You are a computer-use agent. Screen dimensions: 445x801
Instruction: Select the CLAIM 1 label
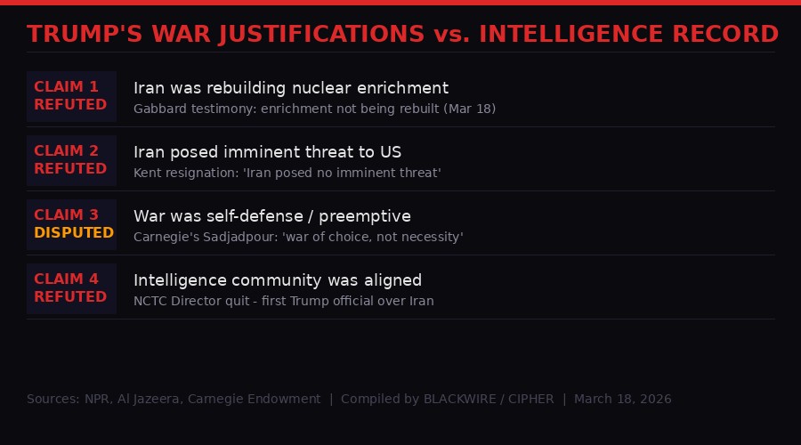click(x=66, y=87)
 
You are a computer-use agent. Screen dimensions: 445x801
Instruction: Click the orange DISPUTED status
click(x=74, y=233)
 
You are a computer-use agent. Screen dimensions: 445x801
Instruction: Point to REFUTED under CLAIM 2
click(x=70, y=169)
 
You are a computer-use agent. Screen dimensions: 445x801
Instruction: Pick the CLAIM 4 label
click(x=66, y=279)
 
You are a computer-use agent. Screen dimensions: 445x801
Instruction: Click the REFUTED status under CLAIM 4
click(x=70, y=297)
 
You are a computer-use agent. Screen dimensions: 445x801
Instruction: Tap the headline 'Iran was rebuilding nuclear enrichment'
click(x=291, y=88)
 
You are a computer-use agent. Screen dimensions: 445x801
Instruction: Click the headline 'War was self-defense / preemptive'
click(x=272, y=216)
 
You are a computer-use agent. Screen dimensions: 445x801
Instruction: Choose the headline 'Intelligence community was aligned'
click(x=278, y=280)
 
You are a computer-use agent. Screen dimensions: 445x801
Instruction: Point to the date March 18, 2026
click(x=623, y=399)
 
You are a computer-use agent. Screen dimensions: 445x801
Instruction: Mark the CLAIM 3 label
click(x=66, y=215)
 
